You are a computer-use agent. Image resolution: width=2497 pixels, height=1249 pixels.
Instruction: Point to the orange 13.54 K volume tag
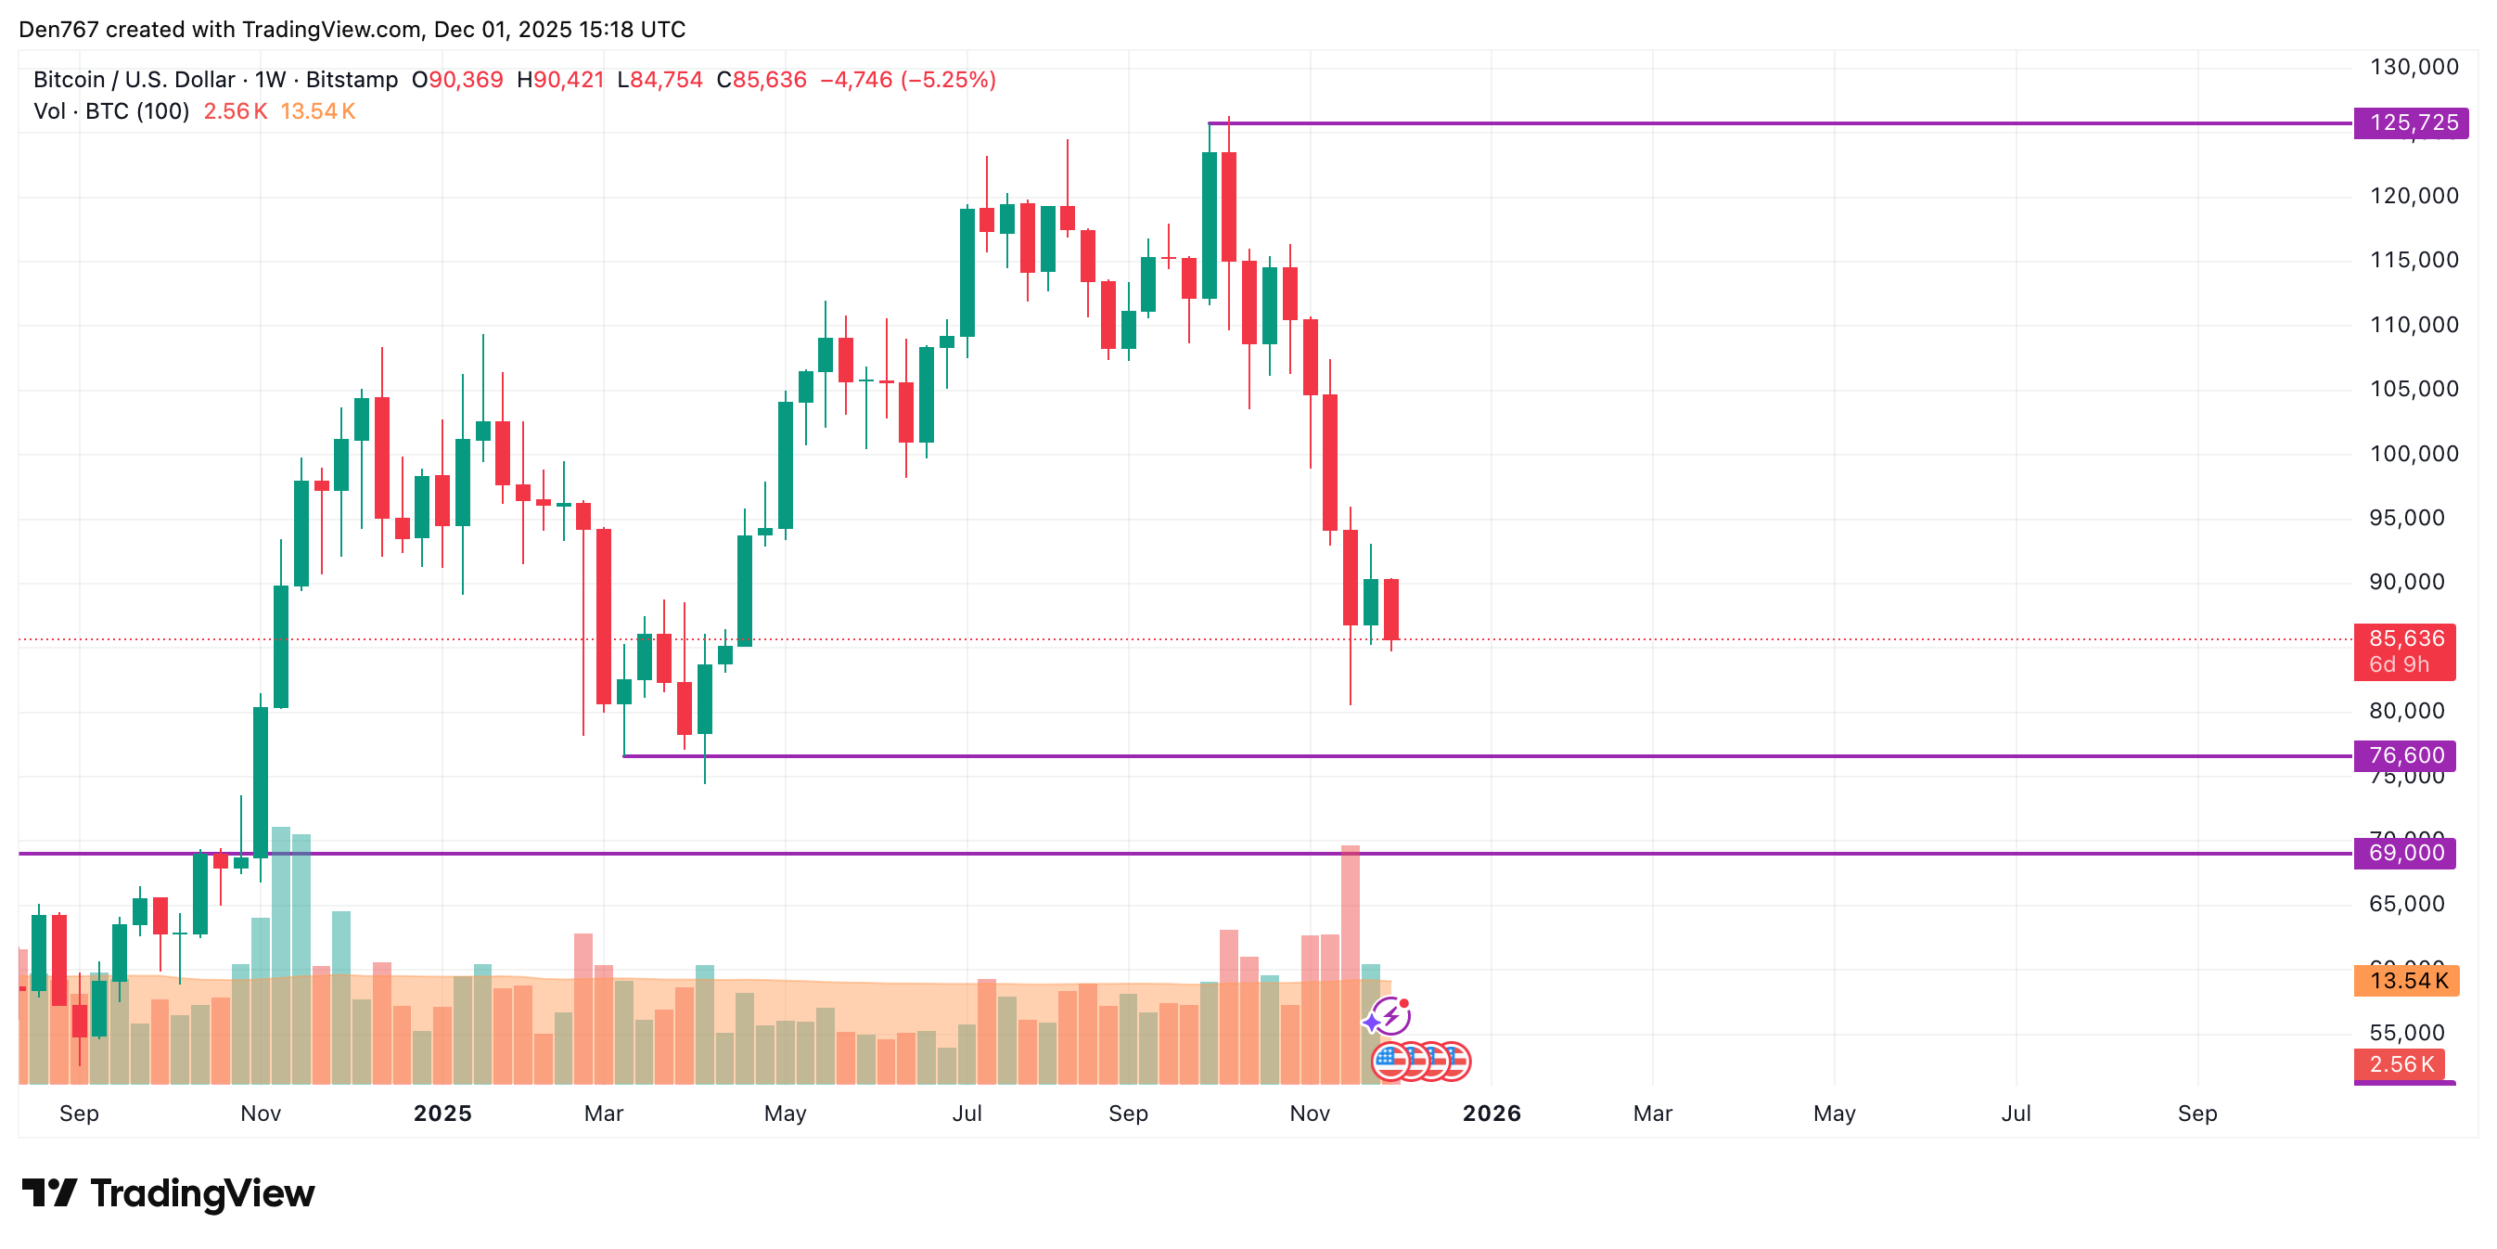2407,982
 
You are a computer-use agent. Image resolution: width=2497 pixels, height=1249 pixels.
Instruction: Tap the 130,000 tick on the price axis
2413,67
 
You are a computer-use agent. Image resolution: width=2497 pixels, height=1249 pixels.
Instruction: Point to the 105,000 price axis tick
2413,389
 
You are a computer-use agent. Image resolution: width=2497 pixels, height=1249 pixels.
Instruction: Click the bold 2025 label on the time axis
442,1114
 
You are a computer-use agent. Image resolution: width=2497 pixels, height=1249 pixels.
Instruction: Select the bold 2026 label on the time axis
1491,1114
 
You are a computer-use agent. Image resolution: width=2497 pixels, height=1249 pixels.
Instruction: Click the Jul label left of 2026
967,1114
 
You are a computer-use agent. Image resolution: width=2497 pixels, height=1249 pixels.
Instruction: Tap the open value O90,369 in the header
457,80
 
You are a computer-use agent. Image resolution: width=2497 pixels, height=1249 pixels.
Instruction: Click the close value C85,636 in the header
761,80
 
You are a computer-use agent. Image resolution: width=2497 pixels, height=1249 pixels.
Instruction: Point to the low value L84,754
659,80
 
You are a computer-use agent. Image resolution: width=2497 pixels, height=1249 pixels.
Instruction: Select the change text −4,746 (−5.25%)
907,80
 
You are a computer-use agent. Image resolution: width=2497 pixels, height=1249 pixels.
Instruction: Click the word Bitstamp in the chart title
352,80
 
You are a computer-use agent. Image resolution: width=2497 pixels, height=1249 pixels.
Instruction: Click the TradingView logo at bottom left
168,1193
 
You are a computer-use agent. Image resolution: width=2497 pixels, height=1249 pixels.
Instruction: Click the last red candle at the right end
1391,609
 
